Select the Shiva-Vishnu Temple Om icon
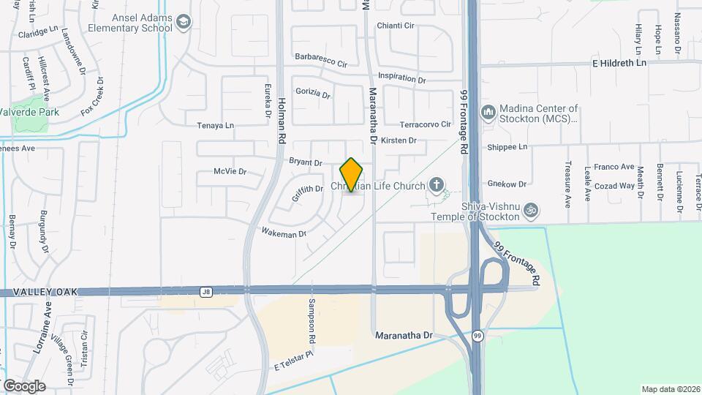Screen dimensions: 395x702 (532, 211)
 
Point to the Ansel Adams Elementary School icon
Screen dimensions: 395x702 (183, 23)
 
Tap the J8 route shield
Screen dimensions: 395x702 (206, 292)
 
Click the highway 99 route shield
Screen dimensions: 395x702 (477, 336)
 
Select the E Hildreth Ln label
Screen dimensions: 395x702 (619, 64)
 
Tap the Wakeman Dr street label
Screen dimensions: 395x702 (284, 233)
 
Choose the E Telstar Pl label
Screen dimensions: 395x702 (293, 359)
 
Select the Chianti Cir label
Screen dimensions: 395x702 (396, 26)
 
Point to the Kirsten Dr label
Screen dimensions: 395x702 (399, 140)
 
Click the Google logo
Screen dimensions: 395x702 (24, 385)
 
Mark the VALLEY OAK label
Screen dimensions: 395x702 (32, 293)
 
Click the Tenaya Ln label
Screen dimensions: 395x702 (216, 126)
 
